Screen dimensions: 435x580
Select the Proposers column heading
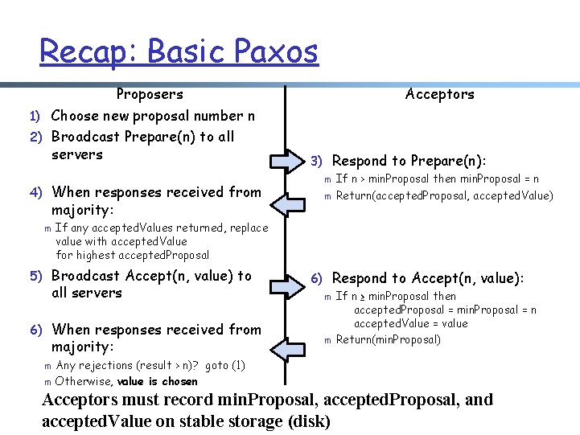coord(150,94)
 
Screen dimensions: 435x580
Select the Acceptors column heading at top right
coord(439,94)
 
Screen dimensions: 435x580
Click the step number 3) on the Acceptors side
coord(316,162)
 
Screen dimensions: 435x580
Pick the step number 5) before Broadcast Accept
coord(36,276)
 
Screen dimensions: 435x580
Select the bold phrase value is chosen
coord(157,381)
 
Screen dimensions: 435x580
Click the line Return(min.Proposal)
coord(388,339)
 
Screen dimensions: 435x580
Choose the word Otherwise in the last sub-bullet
coord(84,381)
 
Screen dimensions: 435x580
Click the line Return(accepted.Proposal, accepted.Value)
coord(444,195)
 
